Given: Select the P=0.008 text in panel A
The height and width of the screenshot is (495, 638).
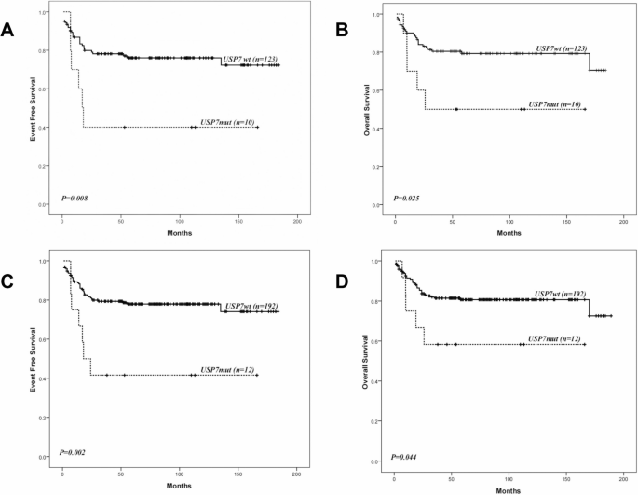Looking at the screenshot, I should [76, 198].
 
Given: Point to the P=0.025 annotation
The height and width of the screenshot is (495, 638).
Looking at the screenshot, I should [409, 198].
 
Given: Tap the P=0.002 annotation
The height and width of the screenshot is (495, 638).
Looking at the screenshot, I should [76, 451].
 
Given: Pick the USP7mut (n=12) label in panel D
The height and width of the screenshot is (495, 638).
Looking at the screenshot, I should [557, 338].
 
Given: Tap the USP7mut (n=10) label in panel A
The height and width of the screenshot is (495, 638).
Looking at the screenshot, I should [230, 121].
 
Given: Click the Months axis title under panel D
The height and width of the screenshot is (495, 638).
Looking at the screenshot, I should [509, 488].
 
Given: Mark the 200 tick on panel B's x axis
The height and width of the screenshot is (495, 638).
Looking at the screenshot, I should [622, 223].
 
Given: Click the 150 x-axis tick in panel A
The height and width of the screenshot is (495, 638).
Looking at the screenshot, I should [239, 221].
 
